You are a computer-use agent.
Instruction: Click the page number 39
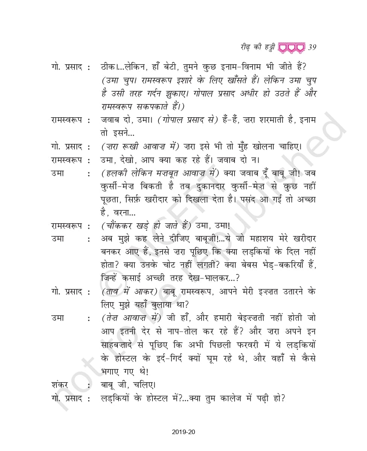tap(312, 47)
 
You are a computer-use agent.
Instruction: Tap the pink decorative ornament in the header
tap(292, 47)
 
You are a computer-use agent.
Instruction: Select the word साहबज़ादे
tap(121, 345)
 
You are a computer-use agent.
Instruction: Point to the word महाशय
tap(252, 238)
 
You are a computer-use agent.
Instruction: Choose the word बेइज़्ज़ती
tap(245, 318)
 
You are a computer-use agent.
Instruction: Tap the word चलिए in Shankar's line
tap(143, 385)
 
